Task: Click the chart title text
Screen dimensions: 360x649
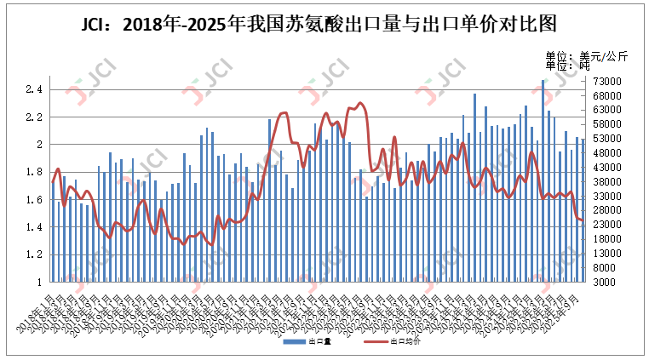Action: coord(324,23)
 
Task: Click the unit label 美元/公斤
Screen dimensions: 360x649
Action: coord(596,56)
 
